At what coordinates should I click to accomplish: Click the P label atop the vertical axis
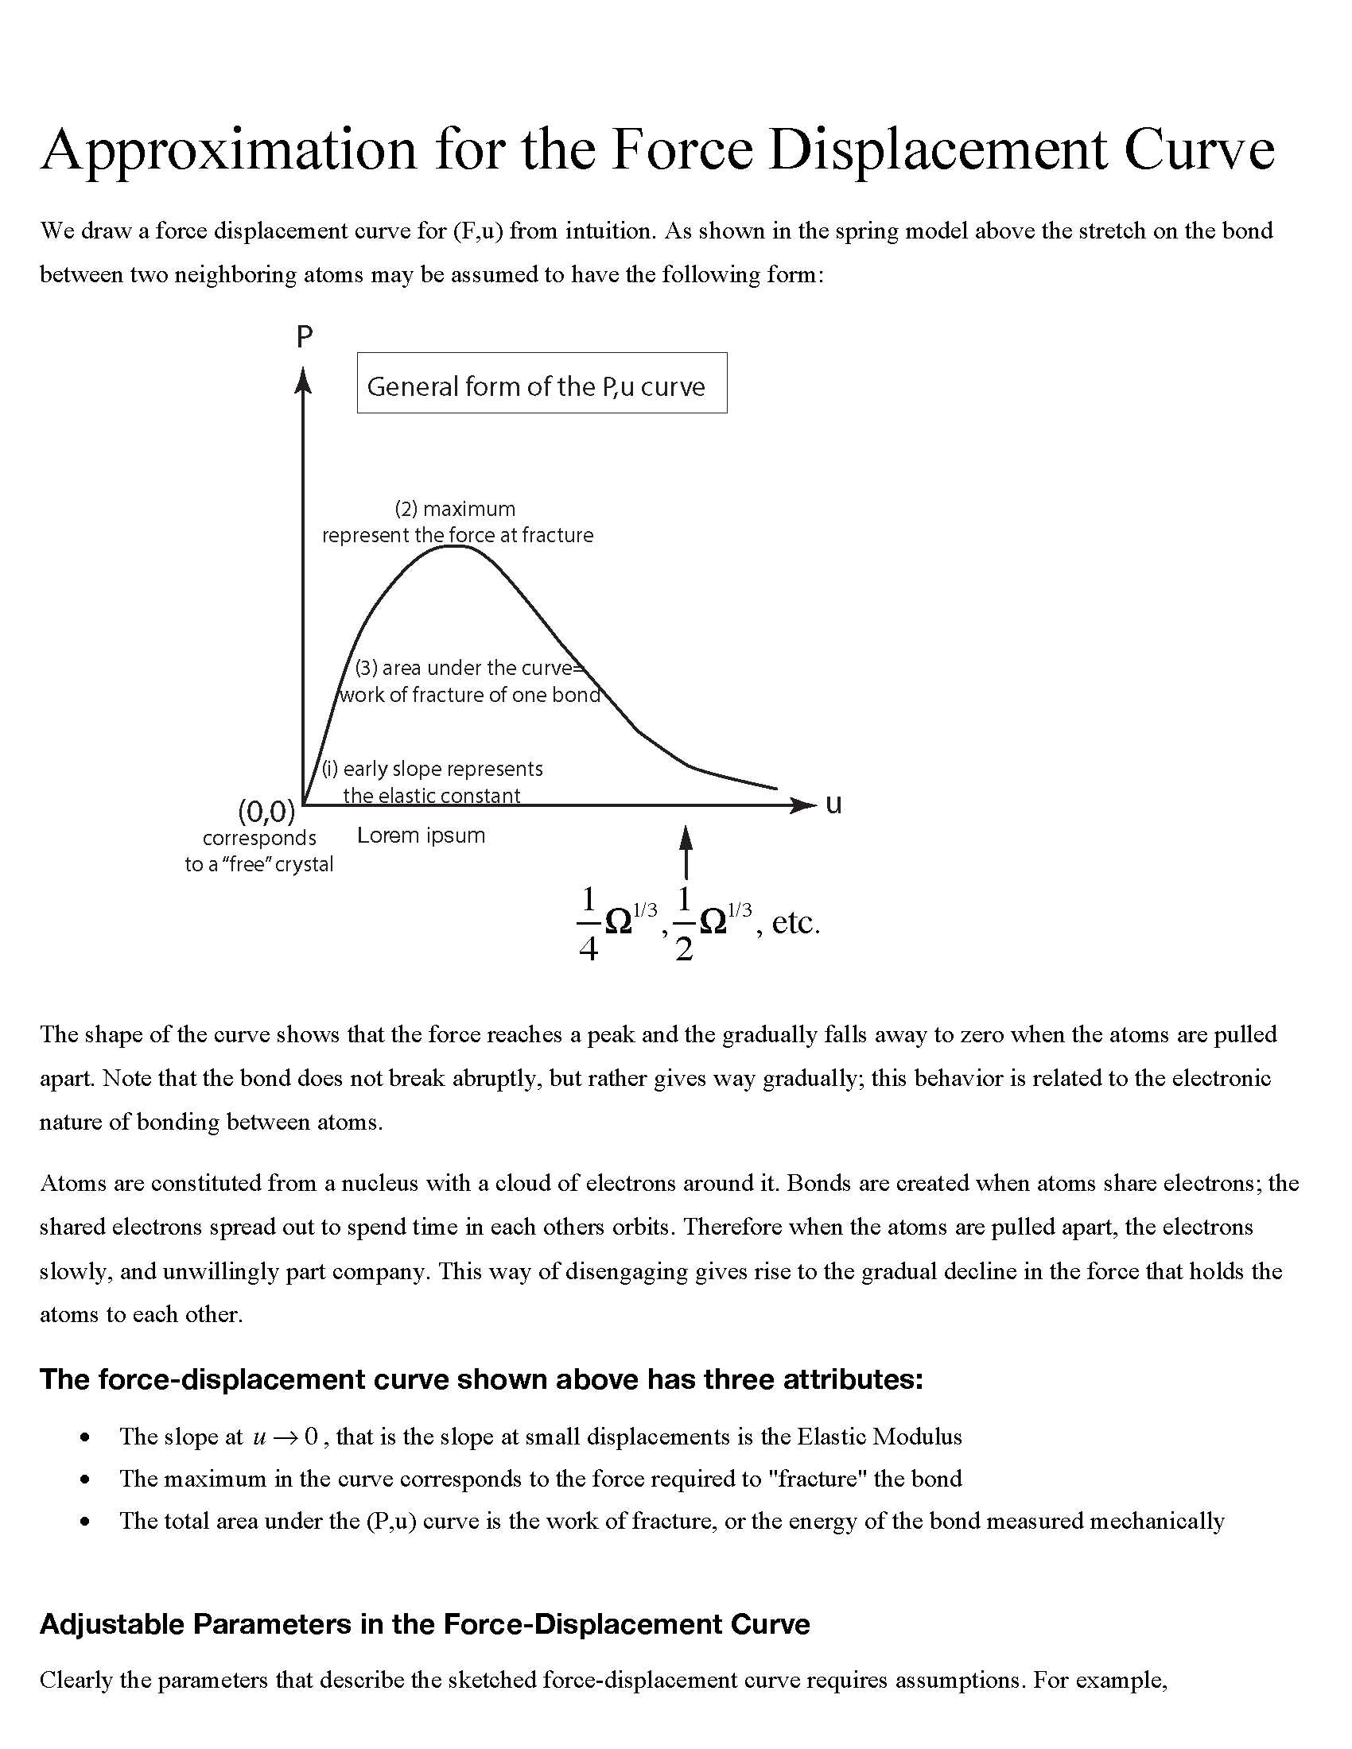pos(304,337)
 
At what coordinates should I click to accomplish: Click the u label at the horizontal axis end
pos(833,804)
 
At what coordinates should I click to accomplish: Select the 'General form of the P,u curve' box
pos(542,383)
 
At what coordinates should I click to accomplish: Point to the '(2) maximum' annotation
pos(454,510)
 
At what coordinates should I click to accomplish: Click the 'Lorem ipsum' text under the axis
pos(421,836)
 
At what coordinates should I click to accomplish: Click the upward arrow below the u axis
pos(686,852)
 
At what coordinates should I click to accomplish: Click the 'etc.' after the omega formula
pos(795,922)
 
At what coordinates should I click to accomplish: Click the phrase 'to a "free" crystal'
pos(258,865)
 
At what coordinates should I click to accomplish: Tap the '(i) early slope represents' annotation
pos(432,769)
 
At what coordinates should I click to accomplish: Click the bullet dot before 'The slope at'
pos(85,1437)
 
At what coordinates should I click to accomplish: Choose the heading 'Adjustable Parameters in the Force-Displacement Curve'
pos(425,1624)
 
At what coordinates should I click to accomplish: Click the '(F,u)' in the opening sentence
pos(477,231)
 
